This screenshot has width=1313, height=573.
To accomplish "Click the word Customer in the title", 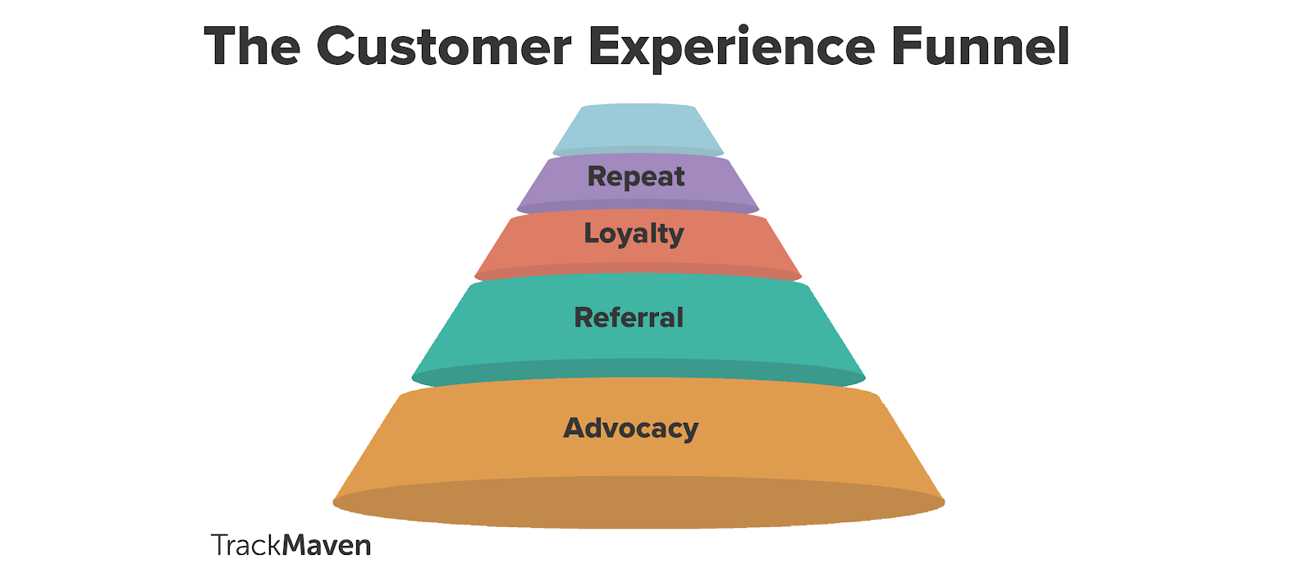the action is pyautogui.click(x=444, y=46).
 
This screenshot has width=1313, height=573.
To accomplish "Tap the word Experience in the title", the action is pyautogui.click(x=732, y=48).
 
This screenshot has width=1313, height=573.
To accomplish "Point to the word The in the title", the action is pyautogui.click(x=253, y=46).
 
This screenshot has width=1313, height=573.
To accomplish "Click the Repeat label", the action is pyautogui.click(x=636, y=176).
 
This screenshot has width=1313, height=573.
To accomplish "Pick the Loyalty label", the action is pyautogui.click(x=634, y=234).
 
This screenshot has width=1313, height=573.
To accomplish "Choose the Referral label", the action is pyautogui.click(x=629, y=318).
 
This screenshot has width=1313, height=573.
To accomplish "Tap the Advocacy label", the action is pyautogui.click(x=631, y=429).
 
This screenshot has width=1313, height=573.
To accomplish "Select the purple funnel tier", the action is pyautogui.click(x=638, y=184).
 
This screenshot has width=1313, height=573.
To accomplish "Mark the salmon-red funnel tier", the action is pyautogui.click(x=638, y=245).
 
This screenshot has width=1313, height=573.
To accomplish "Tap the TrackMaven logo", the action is pyautogui.click(x=291, y=545).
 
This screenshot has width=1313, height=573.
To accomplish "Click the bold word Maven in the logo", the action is pyautogui.click(x=327, y=545).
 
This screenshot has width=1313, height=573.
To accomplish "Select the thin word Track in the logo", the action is pyautogui.click(x=246, y=545).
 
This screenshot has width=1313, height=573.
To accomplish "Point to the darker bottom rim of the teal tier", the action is pyautogui.click(x=638, y=374).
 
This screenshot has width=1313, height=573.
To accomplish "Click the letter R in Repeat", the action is pyautogui.click(x=597, y=176).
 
